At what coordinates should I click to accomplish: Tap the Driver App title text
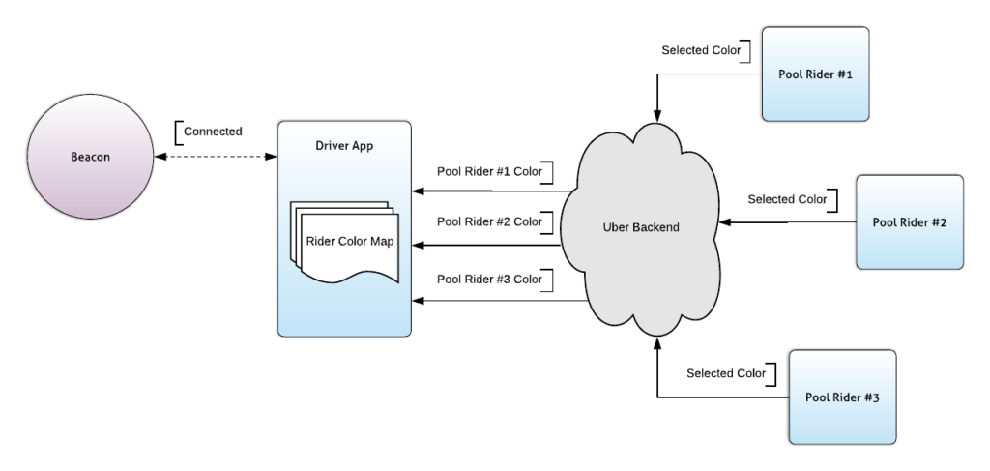click(x=344, y=146)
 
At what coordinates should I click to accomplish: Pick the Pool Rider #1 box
click(x=815, y=74)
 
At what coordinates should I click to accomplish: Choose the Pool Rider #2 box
click(x=910, y=221)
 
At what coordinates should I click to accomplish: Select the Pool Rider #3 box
click(x=843, y=397)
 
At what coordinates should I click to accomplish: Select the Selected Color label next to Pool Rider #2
click(x=786, y=199)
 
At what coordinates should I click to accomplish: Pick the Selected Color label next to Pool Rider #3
click(x=725, y=372)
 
